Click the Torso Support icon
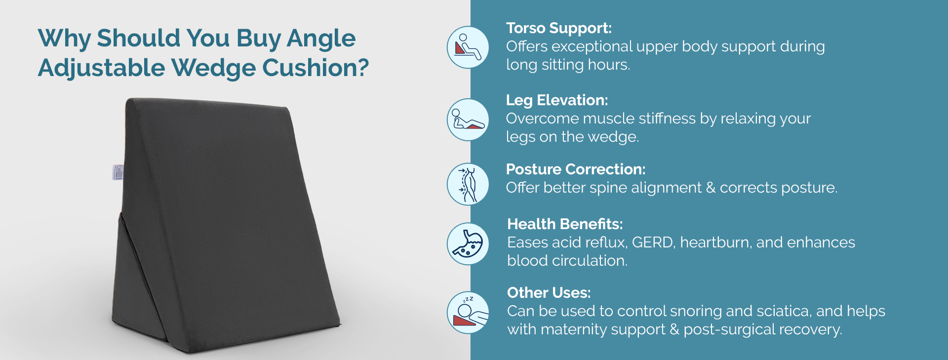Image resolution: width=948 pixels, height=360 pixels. click(x=468, y=47)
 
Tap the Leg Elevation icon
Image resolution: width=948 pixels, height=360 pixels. click(x=468, y=120)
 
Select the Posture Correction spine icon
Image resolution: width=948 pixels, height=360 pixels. click(x=468, y=184)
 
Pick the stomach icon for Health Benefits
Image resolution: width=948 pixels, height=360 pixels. click(x=468, y=243)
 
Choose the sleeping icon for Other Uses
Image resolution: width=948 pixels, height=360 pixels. click(x=468, y=313)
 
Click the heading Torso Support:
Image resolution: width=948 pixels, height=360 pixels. click(x=559, y=29)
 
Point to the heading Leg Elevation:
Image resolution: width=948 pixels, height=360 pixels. click(x=557, y=100)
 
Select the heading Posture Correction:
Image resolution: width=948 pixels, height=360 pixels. click(x=576, y=169)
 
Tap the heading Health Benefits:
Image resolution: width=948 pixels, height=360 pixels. click(x=565, y=224)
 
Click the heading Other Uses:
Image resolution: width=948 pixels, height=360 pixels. click(x=549, y=293)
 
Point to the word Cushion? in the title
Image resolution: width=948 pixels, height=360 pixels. click(x=316, y=68)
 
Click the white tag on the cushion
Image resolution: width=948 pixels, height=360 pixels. click(x=118, y=172)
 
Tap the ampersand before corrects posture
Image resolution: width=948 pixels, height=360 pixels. click(x=711, y=188)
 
